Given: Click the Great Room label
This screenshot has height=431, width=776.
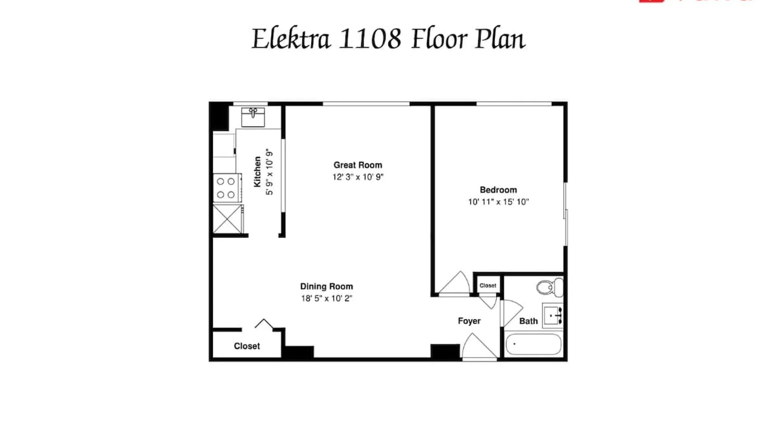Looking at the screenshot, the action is (358, 165).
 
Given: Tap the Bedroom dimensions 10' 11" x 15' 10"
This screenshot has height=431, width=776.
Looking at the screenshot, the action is (498, 202).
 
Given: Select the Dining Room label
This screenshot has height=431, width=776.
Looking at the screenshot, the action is (326, 287).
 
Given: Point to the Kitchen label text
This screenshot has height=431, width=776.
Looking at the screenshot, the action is (257, 172).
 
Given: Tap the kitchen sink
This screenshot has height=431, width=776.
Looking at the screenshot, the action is (253, 117).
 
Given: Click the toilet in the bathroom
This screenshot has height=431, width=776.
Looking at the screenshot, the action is (550, 287).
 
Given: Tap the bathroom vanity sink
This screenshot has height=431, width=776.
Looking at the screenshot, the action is (552, 316).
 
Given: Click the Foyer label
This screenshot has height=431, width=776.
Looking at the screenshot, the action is (469, 321).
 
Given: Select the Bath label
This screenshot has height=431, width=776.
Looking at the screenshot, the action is (529, 321).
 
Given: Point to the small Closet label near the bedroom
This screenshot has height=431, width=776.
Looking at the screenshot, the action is (488, 285).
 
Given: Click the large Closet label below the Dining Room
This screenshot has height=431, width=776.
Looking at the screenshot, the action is (247, 346).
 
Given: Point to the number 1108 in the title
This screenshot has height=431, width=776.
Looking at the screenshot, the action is (370, 38).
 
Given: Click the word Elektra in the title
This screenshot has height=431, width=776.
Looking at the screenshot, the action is (291, 38).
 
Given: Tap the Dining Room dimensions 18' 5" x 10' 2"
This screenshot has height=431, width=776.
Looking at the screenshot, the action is (327, 298).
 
